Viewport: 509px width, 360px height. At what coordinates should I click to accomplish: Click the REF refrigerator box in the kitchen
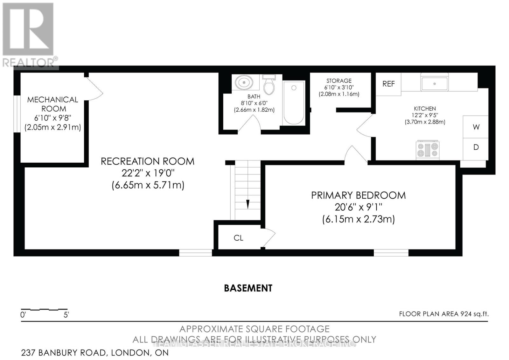point(388,84)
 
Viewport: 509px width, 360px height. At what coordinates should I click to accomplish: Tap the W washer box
point(476,127)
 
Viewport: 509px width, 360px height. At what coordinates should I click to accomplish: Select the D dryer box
point(476,147)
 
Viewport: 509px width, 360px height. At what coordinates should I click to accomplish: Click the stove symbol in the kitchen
point(428,150)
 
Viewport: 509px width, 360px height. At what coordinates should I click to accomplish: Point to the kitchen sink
point(434,83)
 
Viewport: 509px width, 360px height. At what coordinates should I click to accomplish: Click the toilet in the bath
point(269,85)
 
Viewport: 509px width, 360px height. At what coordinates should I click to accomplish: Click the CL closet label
point(238,238)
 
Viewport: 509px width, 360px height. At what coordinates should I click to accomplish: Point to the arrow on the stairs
point(248,204)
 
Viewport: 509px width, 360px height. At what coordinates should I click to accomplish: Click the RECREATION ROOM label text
point(147,161)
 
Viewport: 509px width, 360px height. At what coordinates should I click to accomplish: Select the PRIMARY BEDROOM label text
point(358,195)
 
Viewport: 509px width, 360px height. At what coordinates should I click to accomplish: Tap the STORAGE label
point(339,81)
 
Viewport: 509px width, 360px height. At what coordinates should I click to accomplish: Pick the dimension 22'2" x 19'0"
point(148,173)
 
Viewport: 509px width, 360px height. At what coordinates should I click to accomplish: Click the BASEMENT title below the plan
point(248,288)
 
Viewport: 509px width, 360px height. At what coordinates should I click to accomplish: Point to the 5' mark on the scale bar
point(66,315)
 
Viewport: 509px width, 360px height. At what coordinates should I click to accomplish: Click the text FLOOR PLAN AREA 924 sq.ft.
point(443,314)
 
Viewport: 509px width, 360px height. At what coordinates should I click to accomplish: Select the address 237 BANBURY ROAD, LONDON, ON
point(95,353)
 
